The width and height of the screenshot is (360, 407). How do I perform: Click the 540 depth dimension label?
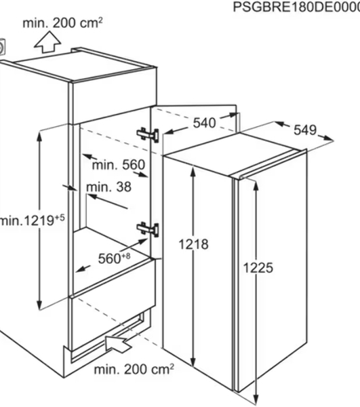(x=204, y=123)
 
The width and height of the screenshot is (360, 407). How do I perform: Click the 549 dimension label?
(x=305, y=130)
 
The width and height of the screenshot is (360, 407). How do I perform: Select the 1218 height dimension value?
(x=193, y=244)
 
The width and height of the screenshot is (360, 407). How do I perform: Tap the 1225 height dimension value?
(x=258, y=268)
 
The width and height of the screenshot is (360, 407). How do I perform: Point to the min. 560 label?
(x=119, y=165)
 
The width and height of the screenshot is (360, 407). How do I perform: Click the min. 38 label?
(x=108, y=187)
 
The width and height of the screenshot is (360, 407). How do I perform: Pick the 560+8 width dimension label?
(x=114, y=258)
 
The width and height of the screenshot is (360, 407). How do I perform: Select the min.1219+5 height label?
(x=32, y=220)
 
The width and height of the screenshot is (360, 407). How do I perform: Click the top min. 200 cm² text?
(x=62, y=23)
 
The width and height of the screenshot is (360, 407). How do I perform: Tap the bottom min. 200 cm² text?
(x=134, y=369)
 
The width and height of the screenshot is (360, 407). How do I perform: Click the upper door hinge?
(x=148, y=135)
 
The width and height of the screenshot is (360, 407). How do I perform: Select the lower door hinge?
(x=148, y=229)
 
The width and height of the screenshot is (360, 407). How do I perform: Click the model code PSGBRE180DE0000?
(x=296, y=7)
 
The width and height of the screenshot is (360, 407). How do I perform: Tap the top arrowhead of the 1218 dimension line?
(x=193, y=171)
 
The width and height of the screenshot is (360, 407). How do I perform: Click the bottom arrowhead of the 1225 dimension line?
(x=256, y=400)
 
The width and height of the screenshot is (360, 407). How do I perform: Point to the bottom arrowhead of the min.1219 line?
(x=39, y=305)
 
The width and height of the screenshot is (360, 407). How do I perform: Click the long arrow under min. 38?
(x=107, y=201)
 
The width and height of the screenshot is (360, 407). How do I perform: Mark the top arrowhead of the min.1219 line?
(x=39, y=136)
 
